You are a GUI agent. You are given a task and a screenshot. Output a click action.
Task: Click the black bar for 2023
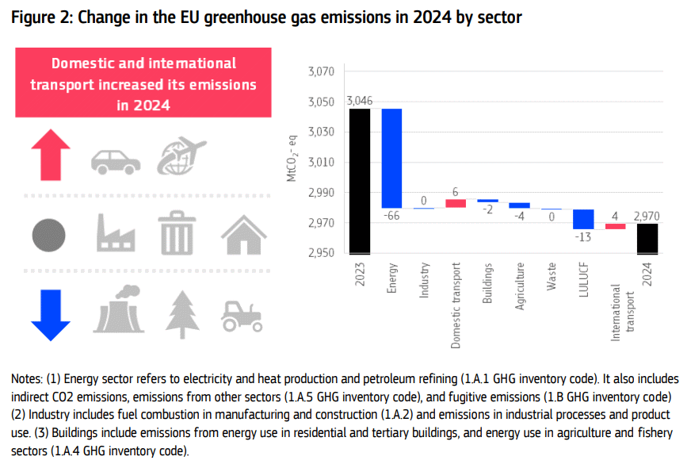click(360, 181)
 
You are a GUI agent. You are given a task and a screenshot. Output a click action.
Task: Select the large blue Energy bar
click(391, 158)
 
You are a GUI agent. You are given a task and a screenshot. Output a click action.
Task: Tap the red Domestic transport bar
click(456, 203)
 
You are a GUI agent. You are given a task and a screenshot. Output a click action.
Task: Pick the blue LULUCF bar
click(584, 219)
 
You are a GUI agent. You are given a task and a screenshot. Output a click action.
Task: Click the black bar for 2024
click(647, 239)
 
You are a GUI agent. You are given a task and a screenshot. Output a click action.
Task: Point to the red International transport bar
click(616, 226)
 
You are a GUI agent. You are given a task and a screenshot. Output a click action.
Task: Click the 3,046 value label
click(360, 101)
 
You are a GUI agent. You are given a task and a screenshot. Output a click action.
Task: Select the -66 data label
click(391, 216)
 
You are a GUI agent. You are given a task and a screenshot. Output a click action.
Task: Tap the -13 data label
click(584, 237)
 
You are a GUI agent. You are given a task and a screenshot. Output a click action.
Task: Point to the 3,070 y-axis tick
click(321, 72)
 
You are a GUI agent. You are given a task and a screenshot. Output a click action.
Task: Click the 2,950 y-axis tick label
click(321, 254)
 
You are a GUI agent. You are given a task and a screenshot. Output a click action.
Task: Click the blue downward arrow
click(52, 315)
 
